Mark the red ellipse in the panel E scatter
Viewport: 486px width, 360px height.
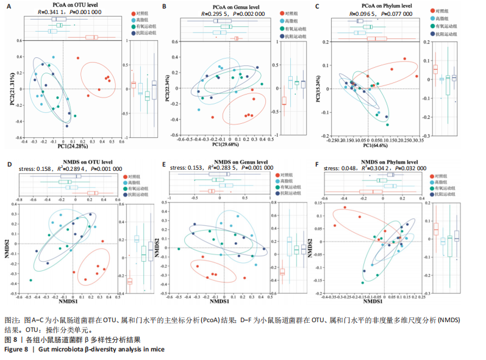tap(210, 273)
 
